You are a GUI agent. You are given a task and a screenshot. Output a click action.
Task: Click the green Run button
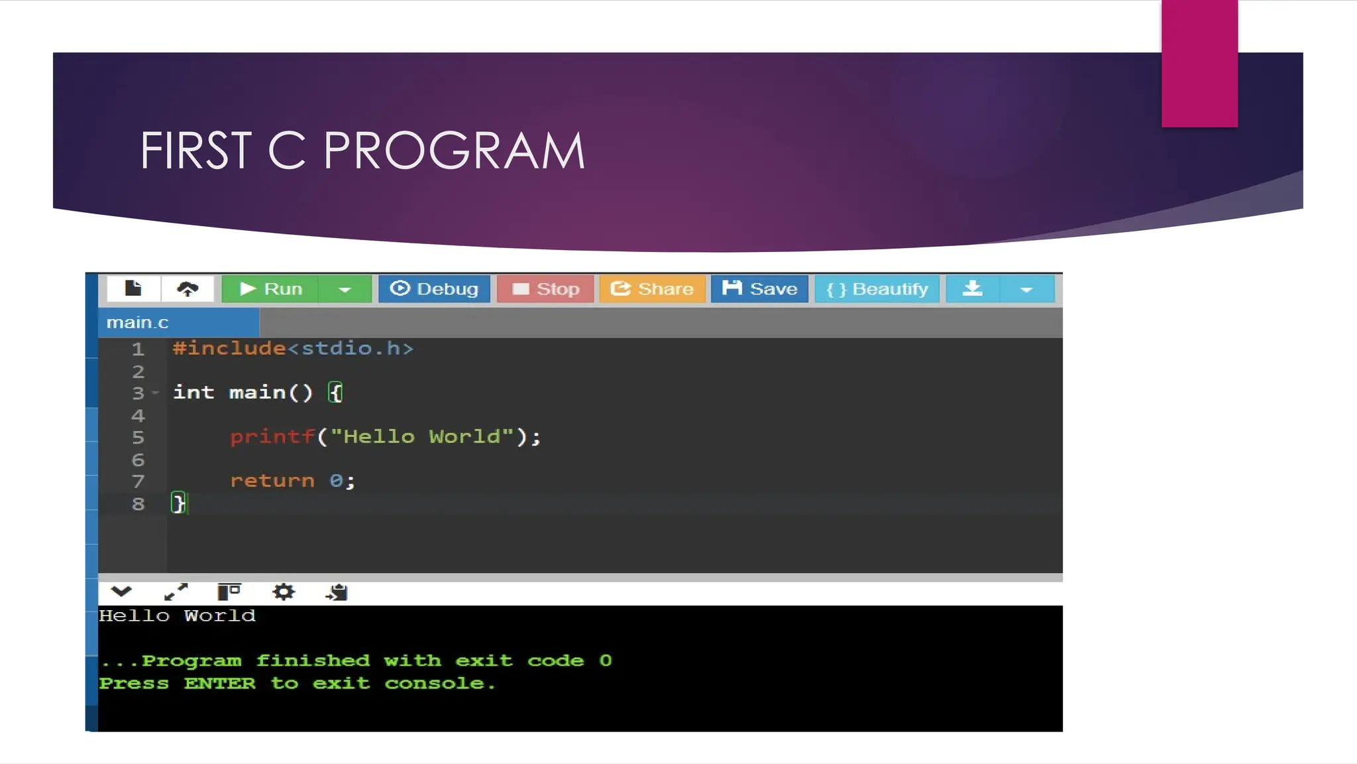tap(270, 289)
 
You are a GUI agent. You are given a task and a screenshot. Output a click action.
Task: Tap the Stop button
tap(545, 289)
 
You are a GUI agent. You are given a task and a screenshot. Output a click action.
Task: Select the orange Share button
tap(652, 289)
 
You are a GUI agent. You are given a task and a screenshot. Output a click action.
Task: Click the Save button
tap(759, 289)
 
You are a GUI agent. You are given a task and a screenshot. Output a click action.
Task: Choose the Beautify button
tap(877, 289)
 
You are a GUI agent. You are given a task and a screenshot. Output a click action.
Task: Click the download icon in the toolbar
tap(972, 289)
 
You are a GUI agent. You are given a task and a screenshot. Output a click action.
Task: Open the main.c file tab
tap(138, 323)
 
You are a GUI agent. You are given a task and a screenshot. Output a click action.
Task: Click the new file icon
tap(133, 288)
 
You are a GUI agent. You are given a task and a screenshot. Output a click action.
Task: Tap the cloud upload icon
tap(188, 289)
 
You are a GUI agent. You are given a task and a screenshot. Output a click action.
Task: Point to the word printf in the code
tap(272, 437)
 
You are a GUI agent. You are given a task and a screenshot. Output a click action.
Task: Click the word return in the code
tap(272, 481)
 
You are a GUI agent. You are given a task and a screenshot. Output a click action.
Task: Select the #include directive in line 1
tap(229, 349)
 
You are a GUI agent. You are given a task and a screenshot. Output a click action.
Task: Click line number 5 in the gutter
tap(138, 438)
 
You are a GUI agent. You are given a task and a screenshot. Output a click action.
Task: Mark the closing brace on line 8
tap(178, 503)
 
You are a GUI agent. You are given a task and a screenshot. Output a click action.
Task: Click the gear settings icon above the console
tap(284, 592)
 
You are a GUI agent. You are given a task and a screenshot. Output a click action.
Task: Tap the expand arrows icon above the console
tap(176, 592)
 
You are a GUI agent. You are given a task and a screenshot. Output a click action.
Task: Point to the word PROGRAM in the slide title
tap(454, 151)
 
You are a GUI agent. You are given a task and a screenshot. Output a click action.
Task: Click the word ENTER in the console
tap(219, 684)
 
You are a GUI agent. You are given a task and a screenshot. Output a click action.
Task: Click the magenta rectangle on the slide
tap(1199, 63)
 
